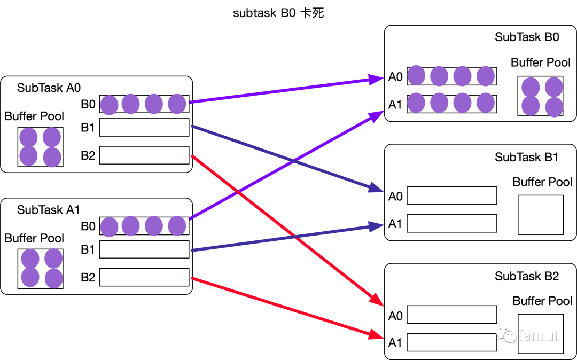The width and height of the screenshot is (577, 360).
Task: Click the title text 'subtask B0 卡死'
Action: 278,13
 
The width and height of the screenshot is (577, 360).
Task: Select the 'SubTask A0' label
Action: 49,88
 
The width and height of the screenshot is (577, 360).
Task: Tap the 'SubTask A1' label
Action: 49,210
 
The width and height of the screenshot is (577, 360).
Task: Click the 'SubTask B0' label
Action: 526,37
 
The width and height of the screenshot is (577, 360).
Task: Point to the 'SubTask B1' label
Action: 526,157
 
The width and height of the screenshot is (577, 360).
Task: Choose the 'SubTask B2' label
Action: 526,276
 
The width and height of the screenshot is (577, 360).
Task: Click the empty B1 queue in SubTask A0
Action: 144,128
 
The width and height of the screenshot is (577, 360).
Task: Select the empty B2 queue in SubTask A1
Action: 144,277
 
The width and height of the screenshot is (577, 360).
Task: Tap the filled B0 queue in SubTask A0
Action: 144,104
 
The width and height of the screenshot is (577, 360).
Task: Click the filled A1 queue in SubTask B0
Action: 451,103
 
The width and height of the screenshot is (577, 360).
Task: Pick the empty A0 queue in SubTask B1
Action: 451,195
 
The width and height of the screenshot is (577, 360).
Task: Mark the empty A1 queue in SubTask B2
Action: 451,342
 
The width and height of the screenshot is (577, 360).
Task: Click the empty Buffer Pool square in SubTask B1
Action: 540,215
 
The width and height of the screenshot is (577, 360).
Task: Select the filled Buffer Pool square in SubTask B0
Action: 540,96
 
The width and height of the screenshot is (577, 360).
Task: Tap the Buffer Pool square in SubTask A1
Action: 40,268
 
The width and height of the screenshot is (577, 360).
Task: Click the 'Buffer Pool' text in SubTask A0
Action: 34,116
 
